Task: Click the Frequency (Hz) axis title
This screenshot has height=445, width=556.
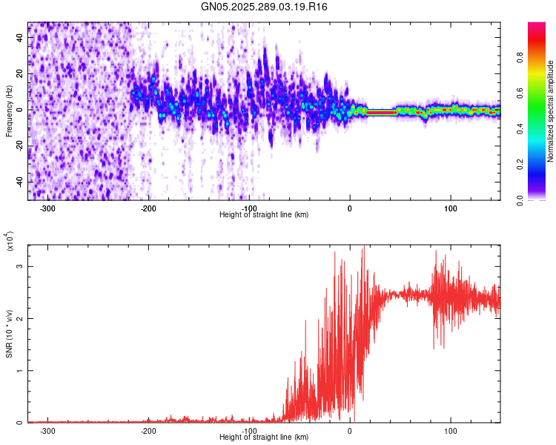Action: (10, 111)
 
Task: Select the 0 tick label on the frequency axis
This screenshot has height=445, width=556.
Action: (21, 110)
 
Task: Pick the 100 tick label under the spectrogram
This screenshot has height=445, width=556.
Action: (450, 208)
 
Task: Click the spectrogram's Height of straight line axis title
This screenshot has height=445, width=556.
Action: (265, 215)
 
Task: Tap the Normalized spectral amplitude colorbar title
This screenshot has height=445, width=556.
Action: (551, 111)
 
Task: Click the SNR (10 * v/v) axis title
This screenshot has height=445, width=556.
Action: (10, 334)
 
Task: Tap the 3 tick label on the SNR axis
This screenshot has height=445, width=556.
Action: (21, 266)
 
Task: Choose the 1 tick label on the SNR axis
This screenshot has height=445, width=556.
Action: (21, 371)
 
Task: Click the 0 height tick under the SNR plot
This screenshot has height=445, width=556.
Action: (350, 430)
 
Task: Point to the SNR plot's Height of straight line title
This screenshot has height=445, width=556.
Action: (265, 438)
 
